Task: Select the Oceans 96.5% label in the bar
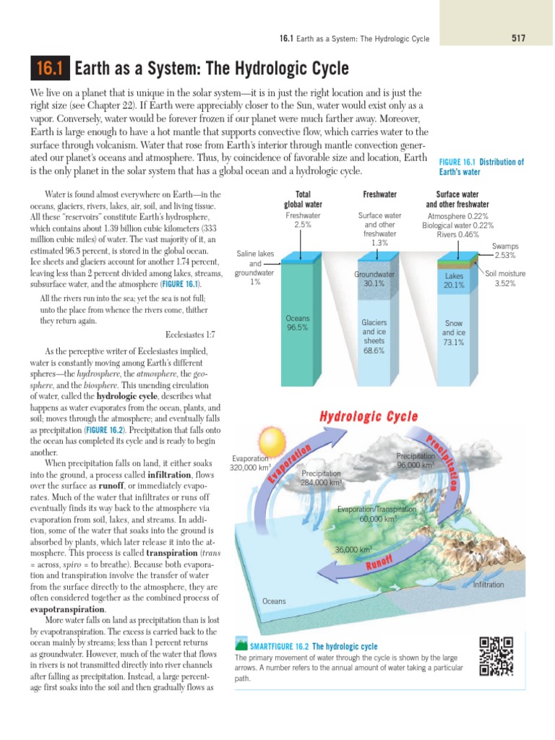click(x=297, y=322)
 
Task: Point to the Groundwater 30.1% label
click(x=374, y=279)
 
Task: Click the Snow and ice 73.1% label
click(x=453, y=333)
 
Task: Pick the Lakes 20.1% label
click(x=453, y=280)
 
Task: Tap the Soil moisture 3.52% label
click(x=505, y=278)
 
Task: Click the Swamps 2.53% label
click(x=504, y=251)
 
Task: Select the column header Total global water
click(x=302, y=199)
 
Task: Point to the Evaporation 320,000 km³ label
click(x=251, y=462)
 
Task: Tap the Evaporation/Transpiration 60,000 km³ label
click(x=374, y=514)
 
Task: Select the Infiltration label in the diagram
click(x=488, y=585)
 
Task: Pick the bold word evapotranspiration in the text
click(x=67, y=609)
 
